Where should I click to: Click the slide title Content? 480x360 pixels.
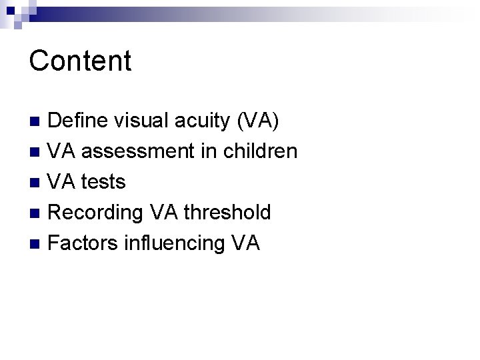point(80,61)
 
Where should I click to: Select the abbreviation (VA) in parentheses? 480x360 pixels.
point(257,121)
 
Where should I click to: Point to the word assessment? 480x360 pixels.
point(139,152)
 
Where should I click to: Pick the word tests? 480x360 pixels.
point(103,182)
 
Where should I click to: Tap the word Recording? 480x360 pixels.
point(96,213)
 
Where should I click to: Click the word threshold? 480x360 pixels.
point(227,212)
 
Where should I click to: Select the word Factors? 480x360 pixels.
point(83,243)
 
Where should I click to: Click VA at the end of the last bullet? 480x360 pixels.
point(246,243)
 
